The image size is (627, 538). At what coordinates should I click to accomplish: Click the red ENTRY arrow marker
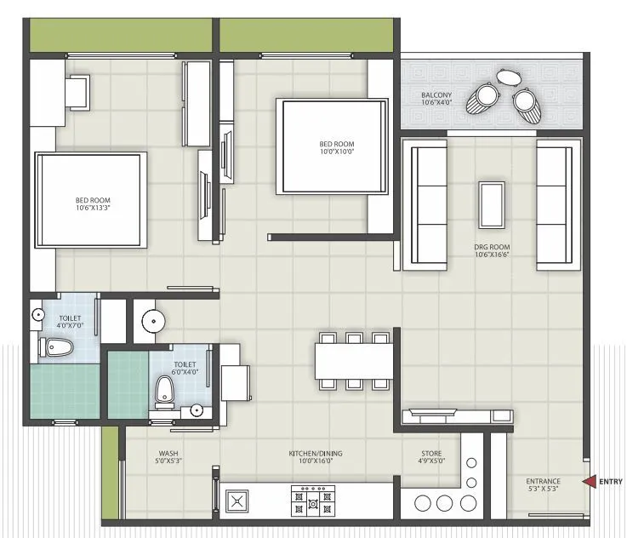(x=589, y=482)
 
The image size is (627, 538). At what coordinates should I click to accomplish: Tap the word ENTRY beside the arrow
(x=611, y=482)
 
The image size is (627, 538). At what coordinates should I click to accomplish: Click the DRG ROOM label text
(x=491, y=248)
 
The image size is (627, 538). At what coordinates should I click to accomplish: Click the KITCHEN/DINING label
(x=315, y=454)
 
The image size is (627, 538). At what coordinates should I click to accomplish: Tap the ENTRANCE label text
(x=543, y=482)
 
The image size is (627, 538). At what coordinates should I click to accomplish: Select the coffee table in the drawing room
(x=491, y=204)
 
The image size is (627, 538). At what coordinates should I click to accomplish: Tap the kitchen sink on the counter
(x=237, y=501)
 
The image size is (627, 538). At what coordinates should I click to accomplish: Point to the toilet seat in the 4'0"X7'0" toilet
(x=58, y=346)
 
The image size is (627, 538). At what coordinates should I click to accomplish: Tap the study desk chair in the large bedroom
(x=78, y=91)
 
